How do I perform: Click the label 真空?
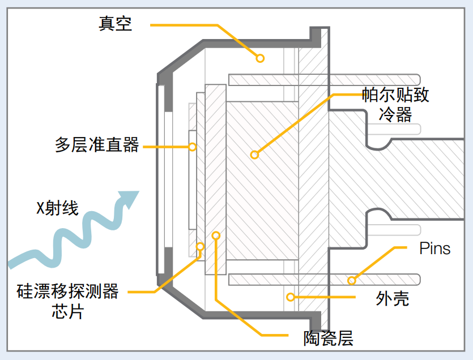click(116, 24)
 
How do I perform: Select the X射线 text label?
click(57, 208)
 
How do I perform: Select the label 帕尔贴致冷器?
click(395, 104)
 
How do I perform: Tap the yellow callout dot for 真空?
click(260, 58)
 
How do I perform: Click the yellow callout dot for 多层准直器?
click(193, 147)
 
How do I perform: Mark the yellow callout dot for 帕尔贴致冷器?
click(254, 154)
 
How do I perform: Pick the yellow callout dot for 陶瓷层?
click(215, 234)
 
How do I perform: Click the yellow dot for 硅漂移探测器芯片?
click(200, 246)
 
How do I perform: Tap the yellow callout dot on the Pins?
click(352, 280)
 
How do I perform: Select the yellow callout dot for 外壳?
click(289, 296)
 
